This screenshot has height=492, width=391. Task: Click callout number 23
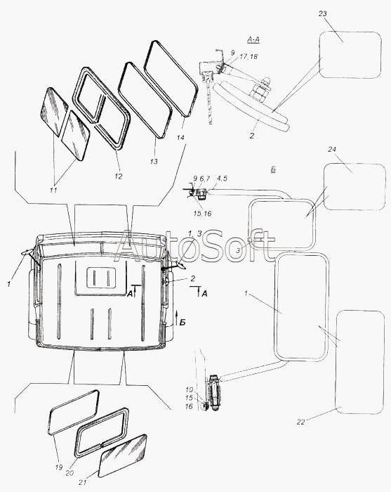pos(323,14)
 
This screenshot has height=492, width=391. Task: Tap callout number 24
pos(332,149)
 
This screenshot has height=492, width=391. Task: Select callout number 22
pos(300,422)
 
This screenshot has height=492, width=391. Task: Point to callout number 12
pos(118,176)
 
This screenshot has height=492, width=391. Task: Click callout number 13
pos(154,162)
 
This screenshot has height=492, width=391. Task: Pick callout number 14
pos(181,138)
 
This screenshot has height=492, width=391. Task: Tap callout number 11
pos(53,190)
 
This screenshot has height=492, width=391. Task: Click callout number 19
pos(58,467)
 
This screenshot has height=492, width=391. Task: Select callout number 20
pos(69,472)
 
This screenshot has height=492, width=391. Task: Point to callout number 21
pos(83,483)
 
